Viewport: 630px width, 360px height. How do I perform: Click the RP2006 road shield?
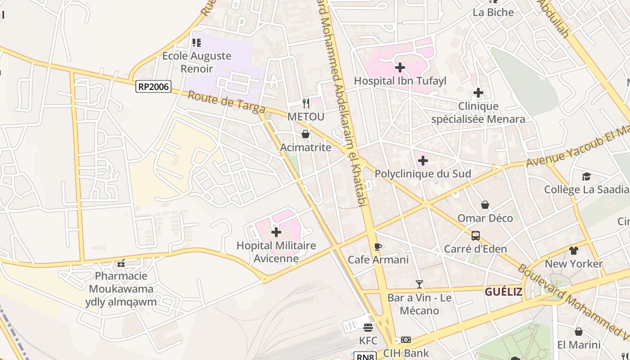pos(153,86)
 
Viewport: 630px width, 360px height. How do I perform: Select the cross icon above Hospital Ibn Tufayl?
pos(400,67)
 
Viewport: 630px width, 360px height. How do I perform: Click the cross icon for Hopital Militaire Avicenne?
pos(276,232)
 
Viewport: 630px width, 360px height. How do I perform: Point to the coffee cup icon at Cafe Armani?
pos(378,247)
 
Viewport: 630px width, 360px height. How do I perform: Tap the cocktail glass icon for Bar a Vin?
pos(419,284)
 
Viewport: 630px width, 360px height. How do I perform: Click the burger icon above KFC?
pos(368,327)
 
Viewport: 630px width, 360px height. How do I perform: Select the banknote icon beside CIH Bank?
pos(406,340)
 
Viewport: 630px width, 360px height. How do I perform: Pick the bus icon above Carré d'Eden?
pos(475,235)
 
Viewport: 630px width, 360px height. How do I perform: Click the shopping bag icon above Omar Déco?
pos(485,205)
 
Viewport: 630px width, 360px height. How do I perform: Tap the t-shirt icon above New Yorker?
pos(573,251)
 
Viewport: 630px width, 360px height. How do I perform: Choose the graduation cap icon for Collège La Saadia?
pos(586,176)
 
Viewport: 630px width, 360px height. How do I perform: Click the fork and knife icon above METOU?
pos(306,103)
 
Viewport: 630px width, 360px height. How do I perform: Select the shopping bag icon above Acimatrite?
pos(306,134)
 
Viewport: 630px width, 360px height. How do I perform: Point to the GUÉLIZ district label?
pos(504,292)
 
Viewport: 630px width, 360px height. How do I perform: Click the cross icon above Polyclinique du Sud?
pos(423,160)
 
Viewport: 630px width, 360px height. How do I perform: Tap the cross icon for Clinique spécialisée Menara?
pos(478,93)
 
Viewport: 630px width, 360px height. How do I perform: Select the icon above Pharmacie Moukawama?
pos(121,263)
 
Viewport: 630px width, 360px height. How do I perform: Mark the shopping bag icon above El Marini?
pos(579,332)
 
